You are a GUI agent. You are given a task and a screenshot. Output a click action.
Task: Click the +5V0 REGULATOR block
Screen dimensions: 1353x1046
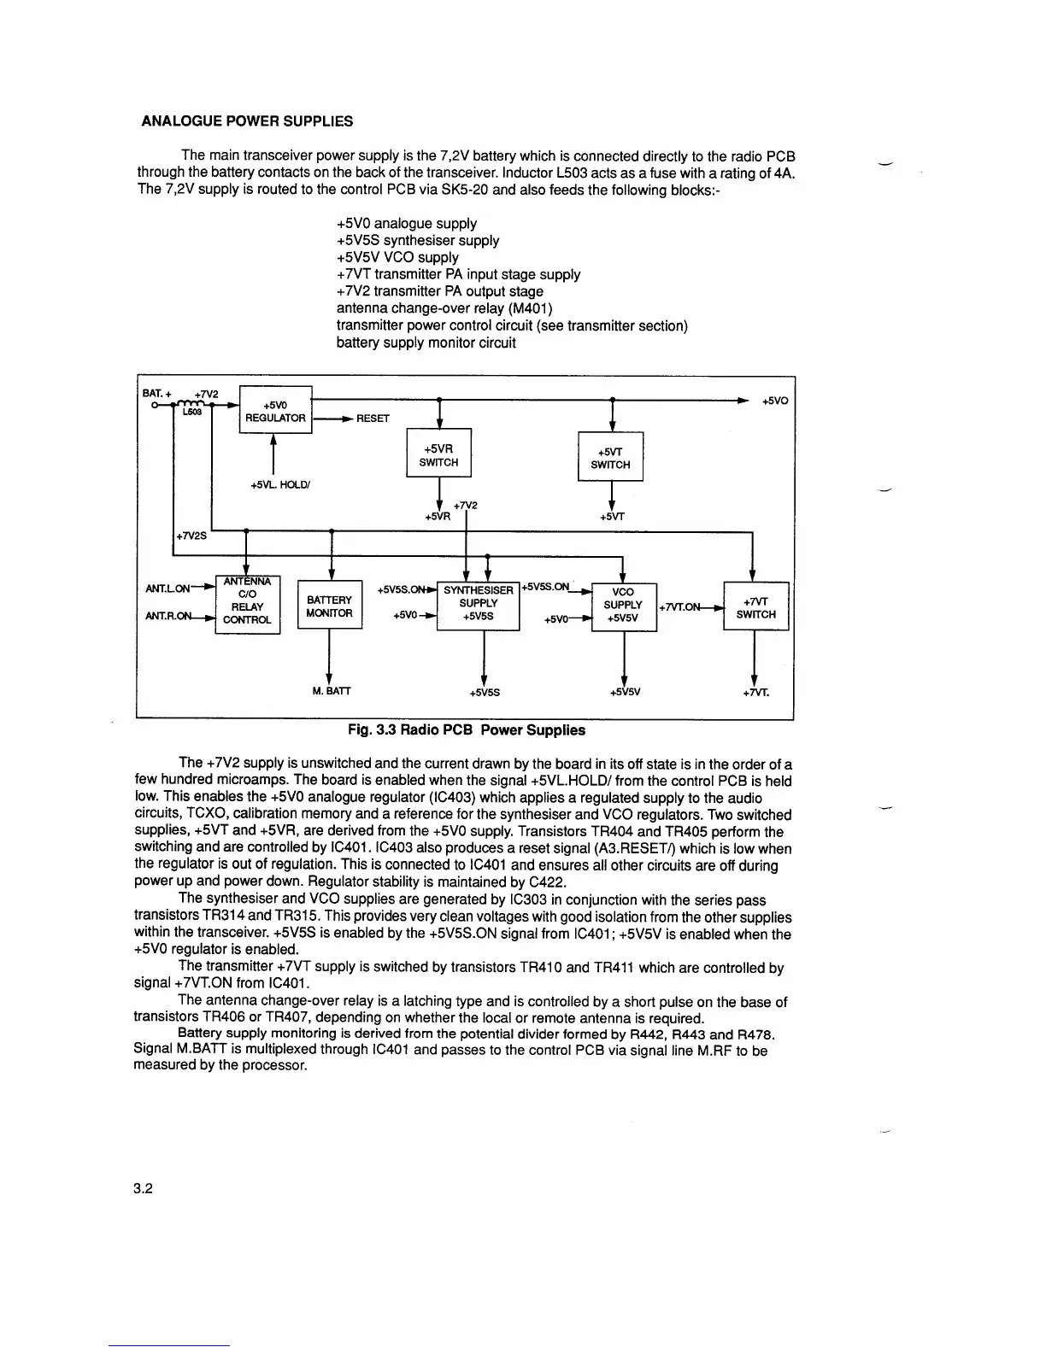[x=275, y=411]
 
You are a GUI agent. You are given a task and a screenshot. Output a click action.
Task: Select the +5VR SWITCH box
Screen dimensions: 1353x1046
[x=438, y=455]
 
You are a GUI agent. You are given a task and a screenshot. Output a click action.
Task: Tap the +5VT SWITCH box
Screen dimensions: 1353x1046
[x=610, y=458]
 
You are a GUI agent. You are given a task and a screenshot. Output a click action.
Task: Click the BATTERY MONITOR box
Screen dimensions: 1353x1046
[x=329, y=606]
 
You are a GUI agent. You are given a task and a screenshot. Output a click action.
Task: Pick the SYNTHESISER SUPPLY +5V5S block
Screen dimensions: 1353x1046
[x=478, y=603]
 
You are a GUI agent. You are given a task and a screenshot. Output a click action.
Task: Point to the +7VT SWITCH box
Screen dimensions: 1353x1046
[x=755, y=607]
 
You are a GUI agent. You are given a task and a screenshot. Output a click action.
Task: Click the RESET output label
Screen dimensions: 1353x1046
[x=373, y=419]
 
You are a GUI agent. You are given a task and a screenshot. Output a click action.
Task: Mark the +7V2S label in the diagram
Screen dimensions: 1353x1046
[x=191, y=536]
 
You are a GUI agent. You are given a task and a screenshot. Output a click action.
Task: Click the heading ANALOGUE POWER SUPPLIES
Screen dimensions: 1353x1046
[x=246, y=121]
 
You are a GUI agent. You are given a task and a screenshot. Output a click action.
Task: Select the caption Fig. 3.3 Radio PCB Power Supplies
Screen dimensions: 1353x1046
[x=466, y=730]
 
